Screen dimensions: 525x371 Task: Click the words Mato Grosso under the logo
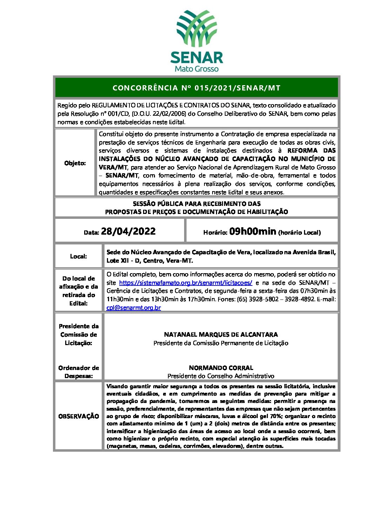196,69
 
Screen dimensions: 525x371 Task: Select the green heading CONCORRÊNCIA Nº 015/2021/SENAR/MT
196,88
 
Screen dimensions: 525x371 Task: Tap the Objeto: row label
75,163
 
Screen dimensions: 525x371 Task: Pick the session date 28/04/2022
128,231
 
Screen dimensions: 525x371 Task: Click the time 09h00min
252,231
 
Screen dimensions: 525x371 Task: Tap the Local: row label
79,256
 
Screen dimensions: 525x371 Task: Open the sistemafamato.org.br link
185,283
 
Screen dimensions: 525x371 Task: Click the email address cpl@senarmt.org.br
134,308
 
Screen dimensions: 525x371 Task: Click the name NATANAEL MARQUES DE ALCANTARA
221,335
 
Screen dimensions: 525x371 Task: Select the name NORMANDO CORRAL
221,368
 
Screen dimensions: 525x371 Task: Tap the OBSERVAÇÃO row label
79,416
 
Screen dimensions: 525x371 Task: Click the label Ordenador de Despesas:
79,372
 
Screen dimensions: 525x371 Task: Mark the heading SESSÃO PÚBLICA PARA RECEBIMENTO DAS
197,204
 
